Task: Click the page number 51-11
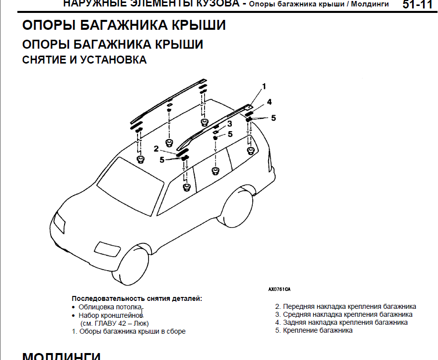point(417,5)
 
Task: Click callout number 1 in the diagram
point(264,86)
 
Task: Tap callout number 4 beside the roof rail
point(269,102)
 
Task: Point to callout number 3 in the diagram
point(230,123)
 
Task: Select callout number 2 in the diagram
point(156,148)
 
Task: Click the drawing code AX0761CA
point(279,288)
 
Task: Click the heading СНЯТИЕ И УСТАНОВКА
point(84,60)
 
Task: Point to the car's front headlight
point(59,222)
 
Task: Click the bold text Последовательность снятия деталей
point(137,299)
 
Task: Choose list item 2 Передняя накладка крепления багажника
point(346,306)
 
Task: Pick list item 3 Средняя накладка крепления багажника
point(344,314)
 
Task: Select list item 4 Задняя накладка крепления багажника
point(342,322)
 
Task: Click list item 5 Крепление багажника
point(314,330)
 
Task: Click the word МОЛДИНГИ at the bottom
point(62,356)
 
